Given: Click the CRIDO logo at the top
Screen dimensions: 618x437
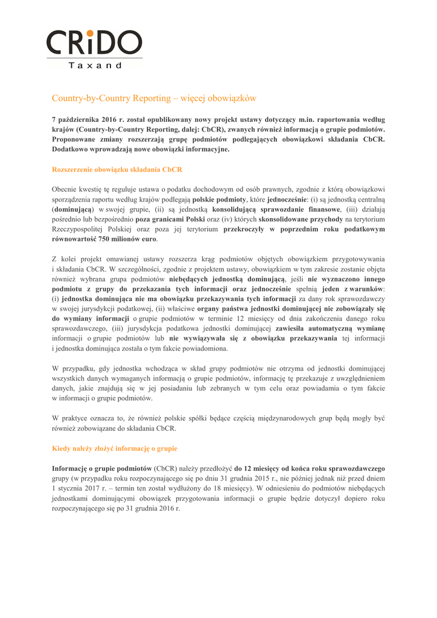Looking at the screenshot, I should [94, 43].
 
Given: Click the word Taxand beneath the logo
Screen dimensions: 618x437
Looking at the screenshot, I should [95, 65].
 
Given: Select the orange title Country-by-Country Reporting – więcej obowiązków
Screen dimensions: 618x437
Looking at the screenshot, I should [154, 98].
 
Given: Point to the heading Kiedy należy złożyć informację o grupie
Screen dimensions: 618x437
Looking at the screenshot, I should [114, 448].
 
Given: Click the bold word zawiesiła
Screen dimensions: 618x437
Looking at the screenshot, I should [293, 328].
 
